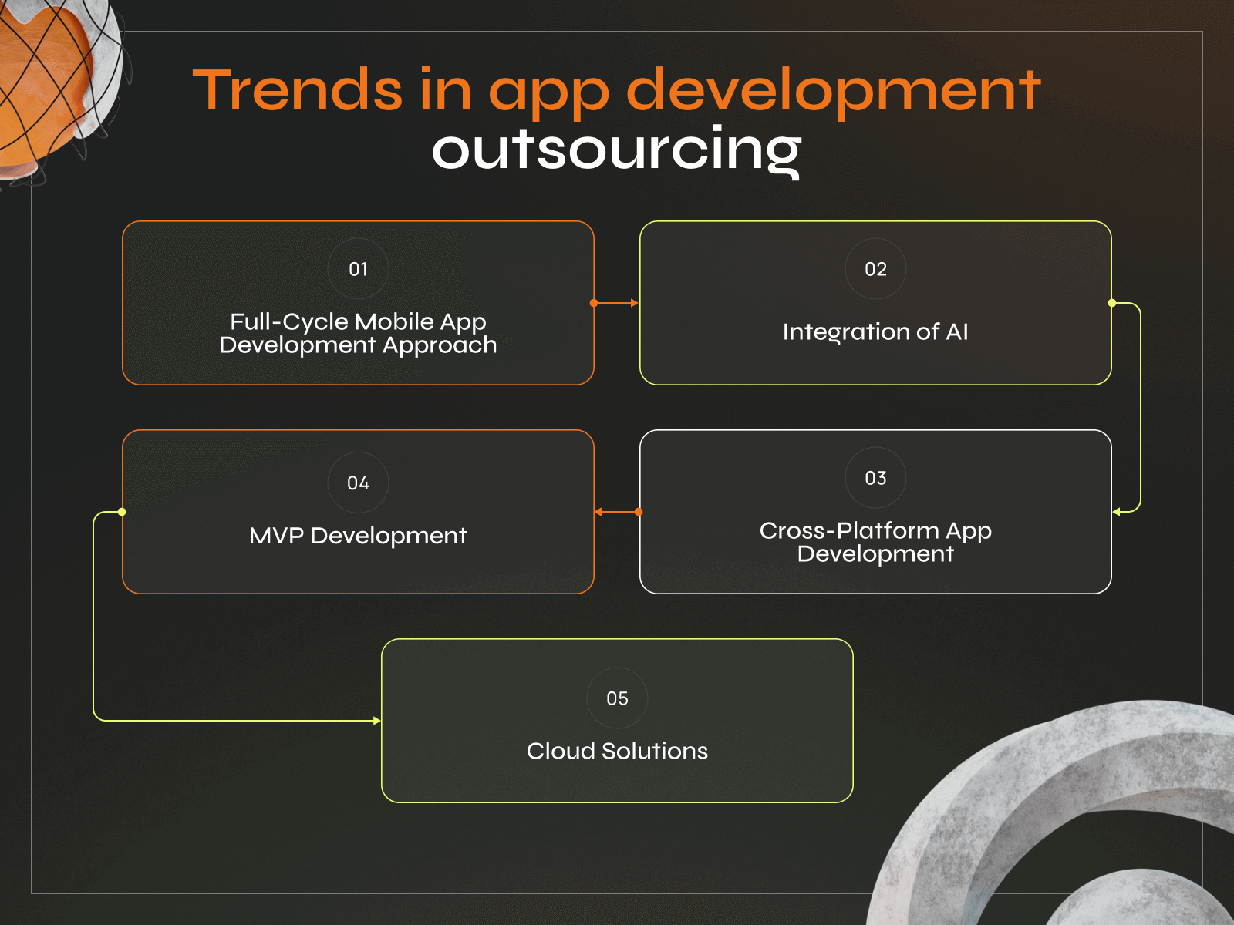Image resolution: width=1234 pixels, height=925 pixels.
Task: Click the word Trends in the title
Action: [297, 90]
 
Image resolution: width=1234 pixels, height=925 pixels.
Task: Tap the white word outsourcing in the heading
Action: [616, 150]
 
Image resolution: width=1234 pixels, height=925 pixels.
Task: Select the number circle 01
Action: [358, 269]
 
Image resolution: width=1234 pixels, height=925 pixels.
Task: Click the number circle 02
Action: [875, 269]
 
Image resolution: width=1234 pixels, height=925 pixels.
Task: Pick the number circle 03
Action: [875, 478]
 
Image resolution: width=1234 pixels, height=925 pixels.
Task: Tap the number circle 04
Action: [358, 483]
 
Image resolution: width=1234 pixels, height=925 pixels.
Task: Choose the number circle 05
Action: [617, 698]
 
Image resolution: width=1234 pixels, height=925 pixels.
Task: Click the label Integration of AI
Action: [875, 331]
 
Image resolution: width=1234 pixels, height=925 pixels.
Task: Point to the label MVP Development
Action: [358, 536]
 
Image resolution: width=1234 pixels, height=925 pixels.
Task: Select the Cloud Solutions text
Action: [617, 751]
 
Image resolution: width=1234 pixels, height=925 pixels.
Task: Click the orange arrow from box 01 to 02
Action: [617, 303]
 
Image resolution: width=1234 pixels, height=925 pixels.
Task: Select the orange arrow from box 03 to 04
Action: [616, 512]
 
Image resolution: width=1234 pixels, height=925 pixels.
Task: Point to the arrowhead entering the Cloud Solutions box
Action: [376, 721]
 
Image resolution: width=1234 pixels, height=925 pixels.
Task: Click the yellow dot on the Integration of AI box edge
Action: [1112, 303]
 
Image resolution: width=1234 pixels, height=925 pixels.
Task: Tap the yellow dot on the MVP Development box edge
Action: [122, 512]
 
